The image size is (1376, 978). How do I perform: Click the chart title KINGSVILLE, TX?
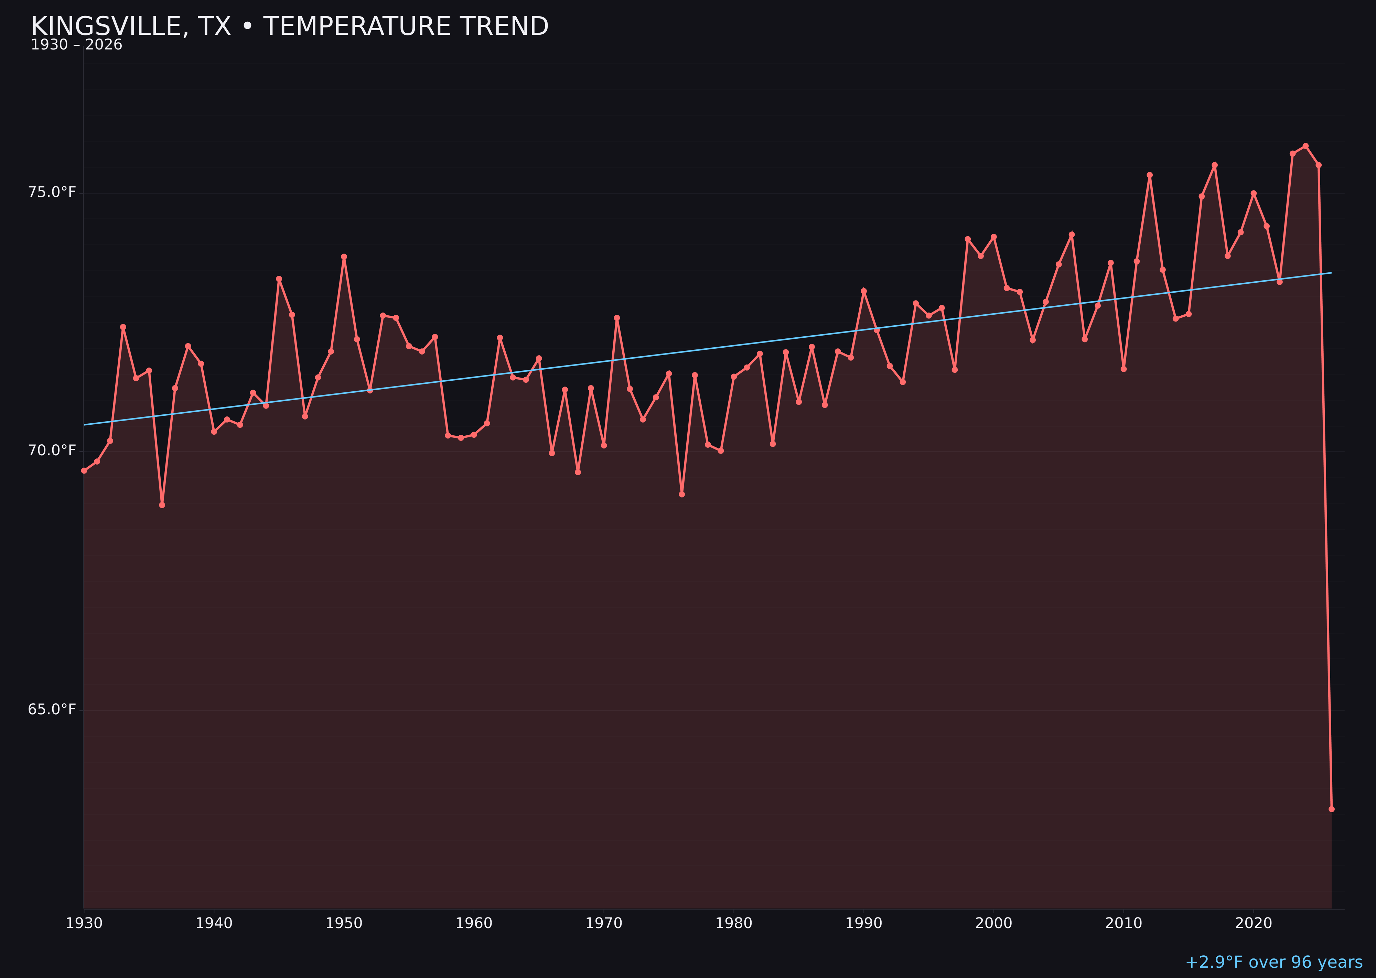(x=289, y=26)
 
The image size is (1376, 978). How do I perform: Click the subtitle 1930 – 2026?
(x=76, y=45)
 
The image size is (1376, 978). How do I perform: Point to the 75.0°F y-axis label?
(x=52, y=192)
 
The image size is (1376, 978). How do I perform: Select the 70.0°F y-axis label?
(x=52, y=450)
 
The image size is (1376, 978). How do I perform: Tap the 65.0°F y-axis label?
(x=52, y=709)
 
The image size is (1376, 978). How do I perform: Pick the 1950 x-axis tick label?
(x=344, y=923)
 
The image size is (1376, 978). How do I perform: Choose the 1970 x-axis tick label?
(x=604, y=923)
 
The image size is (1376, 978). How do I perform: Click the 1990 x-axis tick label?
(x=863, y=923)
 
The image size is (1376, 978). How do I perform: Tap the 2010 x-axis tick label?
(x=1124, y=923)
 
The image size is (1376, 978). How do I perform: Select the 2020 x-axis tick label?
(x=1254, y=923)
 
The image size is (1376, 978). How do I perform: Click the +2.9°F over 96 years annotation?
(x=1273, y=962)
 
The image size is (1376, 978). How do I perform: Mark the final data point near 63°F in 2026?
(x=1331, y=809)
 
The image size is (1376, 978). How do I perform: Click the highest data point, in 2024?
(x=1305, y=146)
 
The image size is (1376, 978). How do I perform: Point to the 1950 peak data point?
(x=344, y=257)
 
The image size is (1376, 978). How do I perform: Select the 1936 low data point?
(x=162, y=505)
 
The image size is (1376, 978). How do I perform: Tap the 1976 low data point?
(x=682, y=494)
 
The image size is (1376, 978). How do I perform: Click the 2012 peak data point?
(x=1150, y=175)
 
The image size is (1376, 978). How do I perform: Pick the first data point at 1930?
(x=84, y=470)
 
